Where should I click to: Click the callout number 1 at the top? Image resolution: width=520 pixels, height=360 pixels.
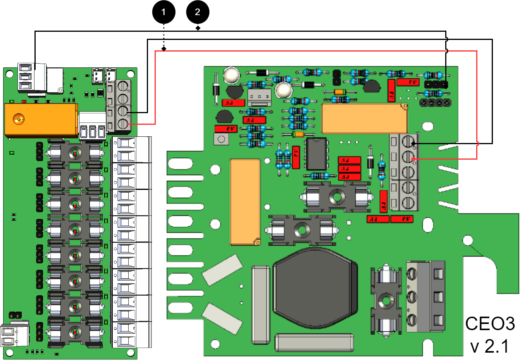(164, 12)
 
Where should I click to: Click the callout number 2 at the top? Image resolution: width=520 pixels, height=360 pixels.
(197, 12)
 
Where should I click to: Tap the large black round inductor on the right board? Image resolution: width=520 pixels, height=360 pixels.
(315, 288)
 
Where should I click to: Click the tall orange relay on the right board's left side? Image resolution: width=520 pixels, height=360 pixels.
(245, 202)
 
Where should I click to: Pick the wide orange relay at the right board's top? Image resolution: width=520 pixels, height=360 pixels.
(364, 119)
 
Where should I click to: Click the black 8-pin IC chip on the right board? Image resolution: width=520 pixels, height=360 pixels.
(316, 154)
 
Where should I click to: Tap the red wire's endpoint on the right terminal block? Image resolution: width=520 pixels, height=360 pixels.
(413, 159)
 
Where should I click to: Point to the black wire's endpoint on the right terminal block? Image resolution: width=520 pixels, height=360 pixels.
(413, 143)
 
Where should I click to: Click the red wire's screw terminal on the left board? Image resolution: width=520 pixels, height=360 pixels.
(123, 124)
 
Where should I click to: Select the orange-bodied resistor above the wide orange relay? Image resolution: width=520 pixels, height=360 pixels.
(339, 92)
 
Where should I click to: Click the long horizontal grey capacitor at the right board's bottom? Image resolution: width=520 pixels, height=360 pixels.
(314, 343)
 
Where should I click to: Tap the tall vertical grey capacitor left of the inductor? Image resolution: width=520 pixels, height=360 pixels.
(260, 305)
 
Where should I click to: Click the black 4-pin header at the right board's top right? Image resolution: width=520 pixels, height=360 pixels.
(436, 103)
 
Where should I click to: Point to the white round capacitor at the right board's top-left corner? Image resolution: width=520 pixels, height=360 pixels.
(232, 75)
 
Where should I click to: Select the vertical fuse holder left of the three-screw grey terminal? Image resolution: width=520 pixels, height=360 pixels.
(386, 300)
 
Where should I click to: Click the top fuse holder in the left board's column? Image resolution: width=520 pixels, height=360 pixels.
(75, 153)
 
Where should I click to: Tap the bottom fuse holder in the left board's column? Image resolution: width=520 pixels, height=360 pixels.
(75, 332)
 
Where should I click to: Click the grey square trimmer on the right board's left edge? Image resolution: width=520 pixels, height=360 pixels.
(221, 139)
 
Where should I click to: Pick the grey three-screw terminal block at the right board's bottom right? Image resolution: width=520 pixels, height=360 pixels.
(425, 296)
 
